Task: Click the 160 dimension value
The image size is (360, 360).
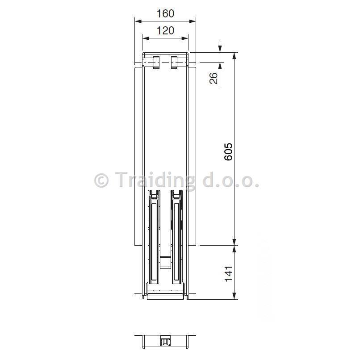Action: [x=165, y=13]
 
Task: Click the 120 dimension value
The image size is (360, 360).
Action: [x=165, y=30]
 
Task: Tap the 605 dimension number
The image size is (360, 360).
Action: [x=228, y=152]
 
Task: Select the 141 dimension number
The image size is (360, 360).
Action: [x=229, y=274]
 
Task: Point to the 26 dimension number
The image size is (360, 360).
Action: [x=213, y=78]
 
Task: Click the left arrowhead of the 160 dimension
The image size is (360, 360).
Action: [x=138, y=21]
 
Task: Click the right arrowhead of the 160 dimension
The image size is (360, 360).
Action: [x=193, y=21]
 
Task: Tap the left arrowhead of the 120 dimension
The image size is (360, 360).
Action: [x=146, y=38]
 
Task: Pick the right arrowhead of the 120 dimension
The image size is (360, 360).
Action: [x=185, y=38]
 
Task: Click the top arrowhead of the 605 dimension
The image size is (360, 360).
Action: [x=234, y=56]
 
